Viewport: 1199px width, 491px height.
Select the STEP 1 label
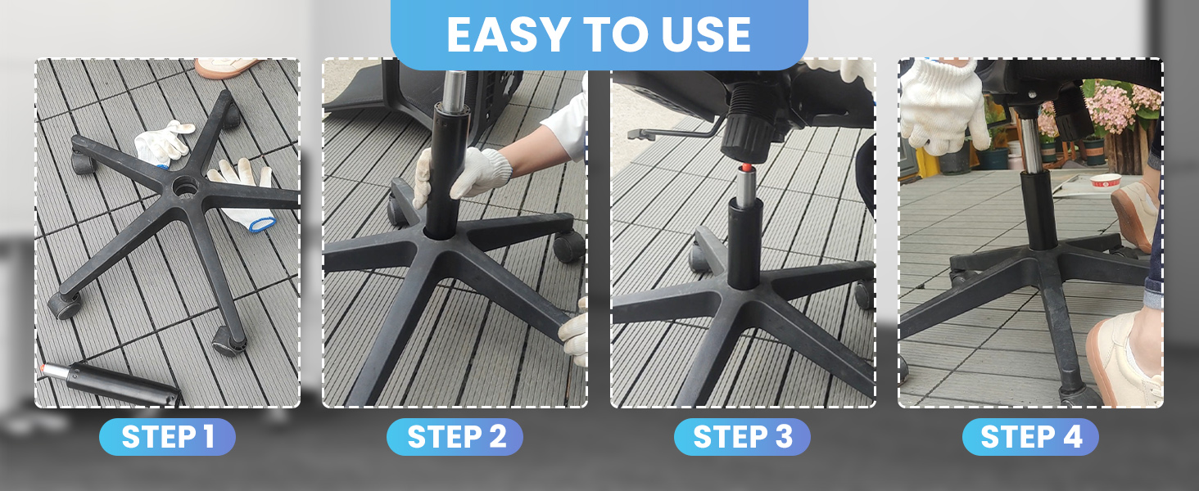point(167,437)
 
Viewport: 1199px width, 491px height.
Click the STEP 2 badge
point(455,437)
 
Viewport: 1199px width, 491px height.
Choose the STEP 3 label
point(742,437)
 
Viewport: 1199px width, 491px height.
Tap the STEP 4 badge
point(1030,437)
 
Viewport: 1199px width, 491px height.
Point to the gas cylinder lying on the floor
point(123,381)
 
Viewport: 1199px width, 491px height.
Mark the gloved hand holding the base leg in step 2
point(576,331)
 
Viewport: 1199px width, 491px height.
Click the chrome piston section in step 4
point(1029,148)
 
